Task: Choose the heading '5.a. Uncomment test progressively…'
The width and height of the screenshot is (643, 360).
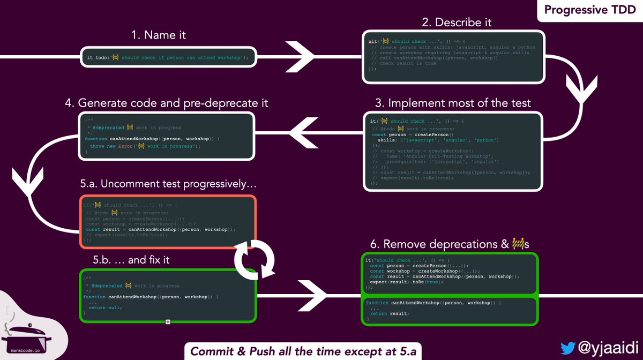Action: pos(168,184)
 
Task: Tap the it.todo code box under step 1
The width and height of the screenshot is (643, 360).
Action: pos(168,57)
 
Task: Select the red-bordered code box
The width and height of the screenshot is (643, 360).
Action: pos(168,221)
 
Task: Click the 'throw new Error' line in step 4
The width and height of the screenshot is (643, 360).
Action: pos(145,146)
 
